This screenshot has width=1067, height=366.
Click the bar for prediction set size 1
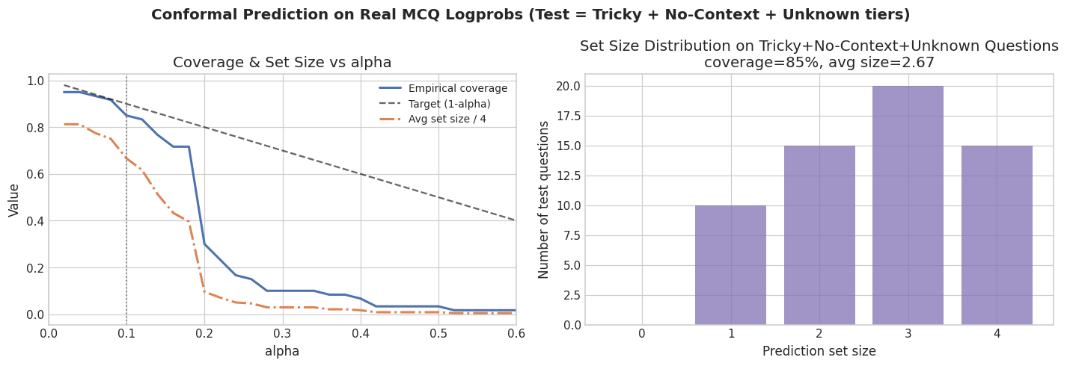(730, 265)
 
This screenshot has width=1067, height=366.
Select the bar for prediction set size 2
(819, 235)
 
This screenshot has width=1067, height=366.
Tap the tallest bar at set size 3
(908, 205)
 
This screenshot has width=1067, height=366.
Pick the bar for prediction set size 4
(997, 235)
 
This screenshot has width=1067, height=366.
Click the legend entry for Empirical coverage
(457, 88)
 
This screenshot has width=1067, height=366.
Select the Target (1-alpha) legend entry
(449, 104)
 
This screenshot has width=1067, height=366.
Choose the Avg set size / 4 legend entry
(447, 120)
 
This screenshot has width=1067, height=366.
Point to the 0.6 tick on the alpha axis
(516, 333)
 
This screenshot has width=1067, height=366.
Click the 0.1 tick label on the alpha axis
(126, 333)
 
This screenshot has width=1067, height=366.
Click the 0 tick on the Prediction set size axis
(642, 333)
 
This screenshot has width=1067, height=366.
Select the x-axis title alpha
(282, 351)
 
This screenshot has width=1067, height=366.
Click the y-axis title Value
(14, 200)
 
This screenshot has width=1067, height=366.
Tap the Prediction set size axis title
(819, 351)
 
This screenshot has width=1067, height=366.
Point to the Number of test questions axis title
(544, 199)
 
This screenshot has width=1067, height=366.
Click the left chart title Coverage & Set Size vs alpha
(282, 63)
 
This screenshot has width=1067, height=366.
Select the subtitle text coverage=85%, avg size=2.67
(819, 63)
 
